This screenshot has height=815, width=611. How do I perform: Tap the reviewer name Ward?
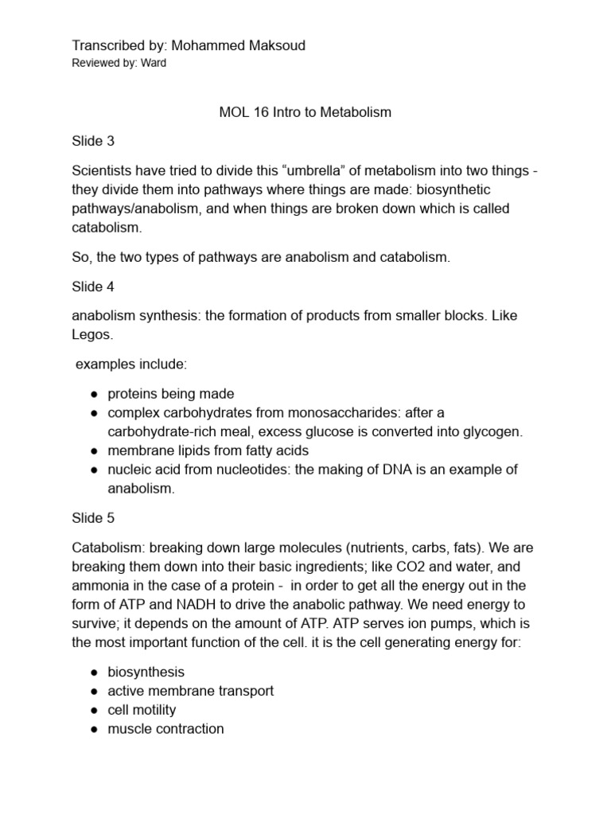tap(153, 63)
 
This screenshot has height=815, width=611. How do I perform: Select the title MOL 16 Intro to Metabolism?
tap(305, 112)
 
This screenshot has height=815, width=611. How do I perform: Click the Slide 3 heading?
tap(93, 142)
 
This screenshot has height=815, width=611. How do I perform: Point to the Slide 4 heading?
tap(93, 287)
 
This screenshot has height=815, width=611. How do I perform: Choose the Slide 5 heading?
tap(93, 518)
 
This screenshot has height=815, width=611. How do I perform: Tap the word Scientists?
tap(104, 170)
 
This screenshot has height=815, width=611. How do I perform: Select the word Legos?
tap(91, 335)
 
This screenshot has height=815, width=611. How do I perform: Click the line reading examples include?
tap(131, 364)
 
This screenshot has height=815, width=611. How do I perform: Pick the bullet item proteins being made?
tap(171, 393)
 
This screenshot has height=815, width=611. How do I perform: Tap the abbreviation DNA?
tap(409, 470)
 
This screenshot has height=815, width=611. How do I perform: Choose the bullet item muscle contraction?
tap(165, 729)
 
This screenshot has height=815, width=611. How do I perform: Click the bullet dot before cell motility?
tap(94, 710)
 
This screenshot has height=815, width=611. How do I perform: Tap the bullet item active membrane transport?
tap(190, 691)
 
